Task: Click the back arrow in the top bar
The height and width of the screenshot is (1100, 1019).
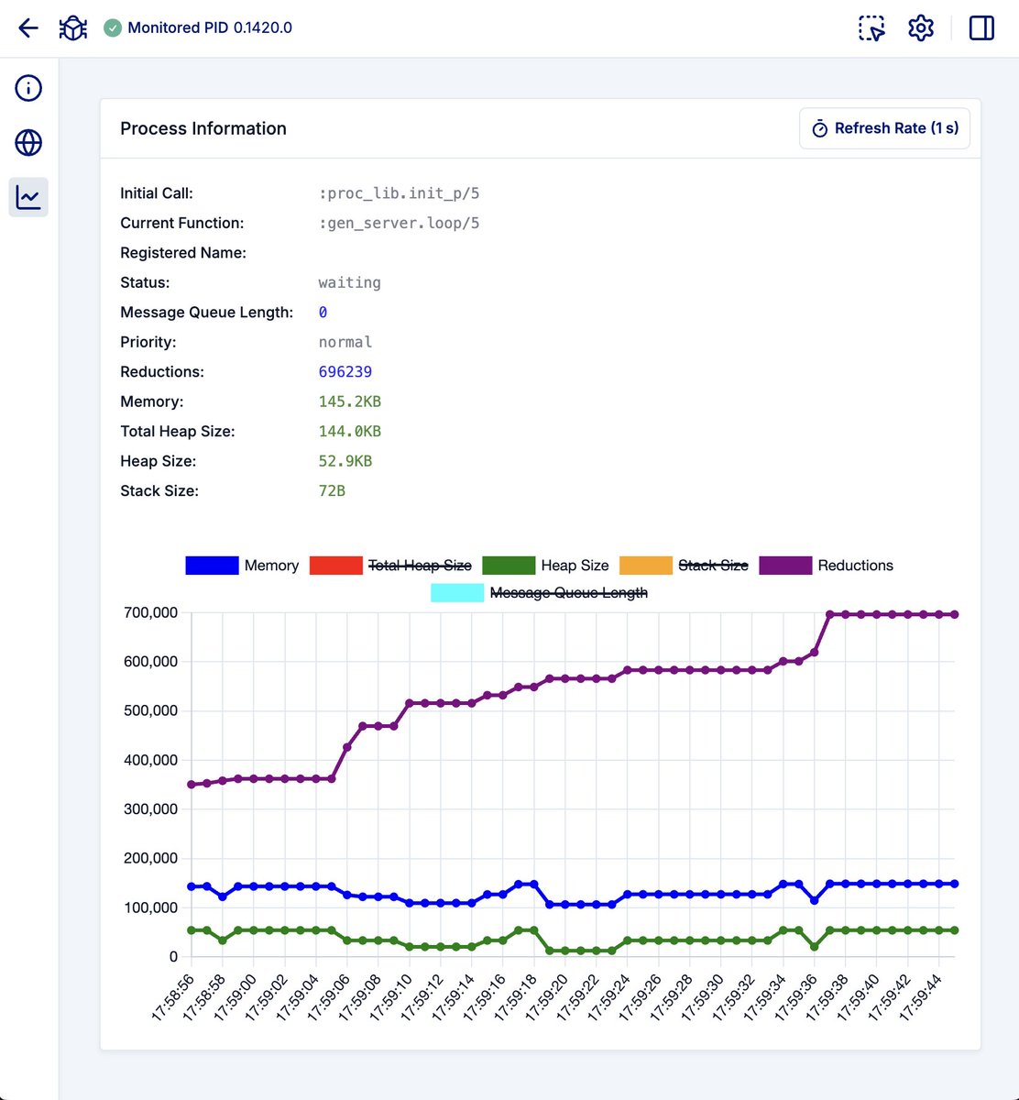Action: click(28, 27)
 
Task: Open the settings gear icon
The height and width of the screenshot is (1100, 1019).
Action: click(920, 27)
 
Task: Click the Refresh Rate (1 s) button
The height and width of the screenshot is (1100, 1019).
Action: click(884, 128)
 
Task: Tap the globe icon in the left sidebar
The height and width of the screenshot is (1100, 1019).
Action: click(28, 143)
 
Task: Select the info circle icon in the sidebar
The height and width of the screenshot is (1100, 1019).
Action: click(28, 88)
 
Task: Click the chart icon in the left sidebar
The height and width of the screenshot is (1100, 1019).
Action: click(28, 197)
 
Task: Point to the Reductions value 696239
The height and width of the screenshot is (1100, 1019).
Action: click(345, 372)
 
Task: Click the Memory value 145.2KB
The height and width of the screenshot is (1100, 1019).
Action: click(349, 401)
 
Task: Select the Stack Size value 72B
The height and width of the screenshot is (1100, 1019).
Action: click(332, 490)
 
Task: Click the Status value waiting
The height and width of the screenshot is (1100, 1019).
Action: click(349, 282)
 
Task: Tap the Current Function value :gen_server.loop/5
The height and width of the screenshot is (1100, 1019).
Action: click(399, 223)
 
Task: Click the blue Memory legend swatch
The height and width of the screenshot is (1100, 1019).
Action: click(212, 566)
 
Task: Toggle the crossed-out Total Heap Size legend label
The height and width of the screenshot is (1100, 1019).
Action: click(419, 566)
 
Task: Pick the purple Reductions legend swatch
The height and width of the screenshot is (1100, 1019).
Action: click(785, 566)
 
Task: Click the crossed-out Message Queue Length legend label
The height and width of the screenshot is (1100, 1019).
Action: click(568, 593)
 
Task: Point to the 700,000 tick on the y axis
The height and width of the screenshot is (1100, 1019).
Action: click(151, 612)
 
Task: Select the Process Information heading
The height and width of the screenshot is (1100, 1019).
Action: click(203, 128)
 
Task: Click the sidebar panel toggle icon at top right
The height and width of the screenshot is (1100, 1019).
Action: click(981, 27)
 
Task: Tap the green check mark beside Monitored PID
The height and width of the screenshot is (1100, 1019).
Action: click(113, 27)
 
